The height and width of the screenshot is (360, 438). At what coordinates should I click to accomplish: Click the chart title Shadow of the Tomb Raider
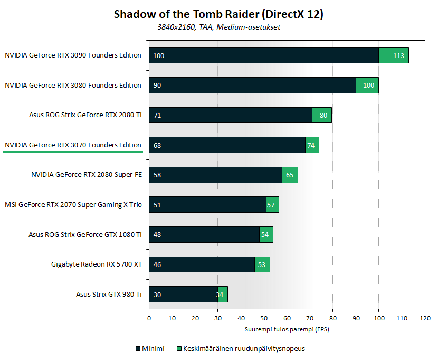click(218, 14)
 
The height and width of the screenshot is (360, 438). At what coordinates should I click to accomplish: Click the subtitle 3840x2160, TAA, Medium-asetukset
click(218, 27)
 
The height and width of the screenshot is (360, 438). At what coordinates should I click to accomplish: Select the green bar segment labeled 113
click(394, 55)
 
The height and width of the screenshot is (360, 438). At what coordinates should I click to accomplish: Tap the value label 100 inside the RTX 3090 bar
click(158, 55)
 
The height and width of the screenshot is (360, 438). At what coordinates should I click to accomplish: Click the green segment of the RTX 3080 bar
click(367, 85)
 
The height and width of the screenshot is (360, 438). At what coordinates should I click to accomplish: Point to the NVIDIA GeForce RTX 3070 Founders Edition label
click(73, 145)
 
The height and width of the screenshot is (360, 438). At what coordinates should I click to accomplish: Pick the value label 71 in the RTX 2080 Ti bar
click(157, 115)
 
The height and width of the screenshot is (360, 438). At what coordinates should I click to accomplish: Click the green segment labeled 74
click(312, 145)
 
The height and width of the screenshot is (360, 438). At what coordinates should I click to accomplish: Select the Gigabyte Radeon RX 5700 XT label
click(97, 264)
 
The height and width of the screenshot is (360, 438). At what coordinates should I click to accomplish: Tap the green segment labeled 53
click(262, 264)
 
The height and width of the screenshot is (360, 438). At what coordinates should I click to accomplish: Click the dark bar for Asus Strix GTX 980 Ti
click(183, 295)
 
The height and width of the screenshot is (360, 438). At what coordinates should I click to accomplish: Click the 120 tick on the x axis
click(425, 318)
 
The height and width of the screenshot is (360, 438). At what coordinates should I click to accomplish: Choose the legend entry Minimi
click(150, 348)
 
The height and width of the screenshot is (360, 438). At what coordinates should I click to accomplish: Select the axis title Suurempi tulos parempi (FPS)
click(287, 329)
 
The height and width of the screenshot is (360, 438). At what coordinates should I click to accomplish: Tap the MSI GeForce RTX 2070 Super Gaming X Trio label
click(73, 204)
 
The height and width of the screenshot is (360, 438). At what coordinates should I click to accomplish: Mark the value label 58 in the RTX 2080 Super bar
click(157, 175)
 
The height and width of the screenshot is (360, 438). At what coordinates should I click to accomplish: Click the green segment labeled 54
click(266, 234)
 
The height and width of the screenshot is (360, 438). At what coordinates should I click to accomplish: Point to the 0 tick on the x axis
click(149, 318)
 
